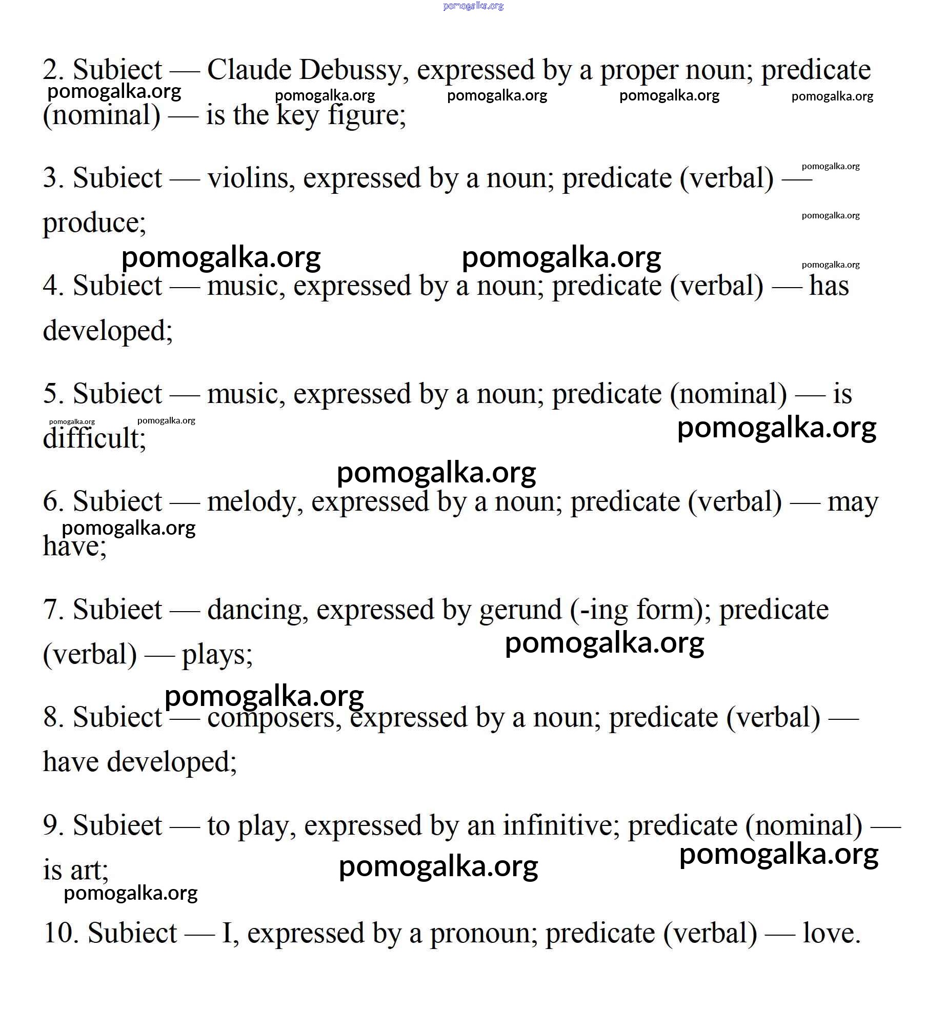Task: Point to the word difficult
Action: (94, 438)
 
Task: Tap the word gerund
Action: (520, 610)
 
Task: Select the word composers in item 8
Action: (274, 717)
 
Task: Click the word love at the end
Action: (831, 933)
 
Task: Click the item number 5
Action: (53, 394)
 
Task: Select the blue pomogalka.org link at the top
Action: (473, 6)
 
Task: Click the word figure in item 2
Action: (366, 115)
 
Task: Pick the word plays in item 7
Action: (217, 655)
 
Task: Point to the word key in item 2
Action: (297, 115)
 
